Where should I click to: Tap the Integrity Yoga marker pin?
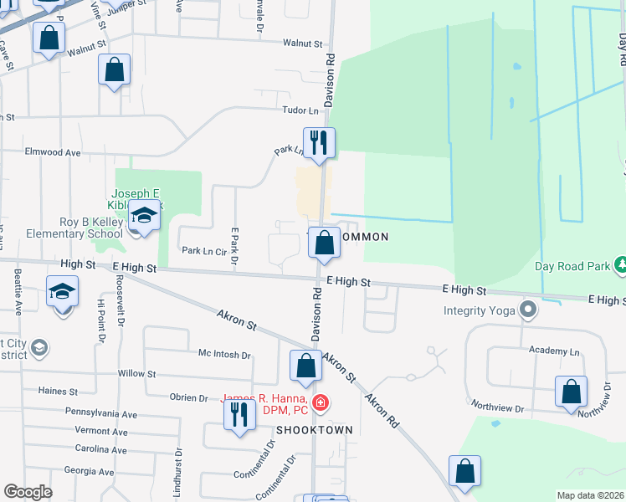pos(527,311)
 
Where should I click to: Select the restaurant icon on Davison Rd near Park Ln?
pos(319,142)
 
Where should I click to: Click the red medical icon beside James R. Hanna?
pos(320,405)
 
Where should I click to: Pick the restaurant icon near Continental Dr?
pos(239,414)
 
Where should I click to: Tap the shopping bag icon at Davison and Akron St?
pos(305,366)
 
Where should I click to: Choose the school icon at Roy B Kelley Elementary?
pos(144,217)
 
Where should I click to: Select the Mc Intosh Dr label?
pos(223,355)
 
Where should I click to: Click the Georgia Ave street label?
pos(88,471)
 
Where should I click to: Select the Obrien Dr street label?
pos(188,397)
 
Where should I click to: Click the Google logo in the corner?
pos(28,492)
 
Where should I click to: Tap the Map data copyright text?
pos(591,495)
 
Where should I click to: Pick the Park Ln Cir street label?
pos(205,250)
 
